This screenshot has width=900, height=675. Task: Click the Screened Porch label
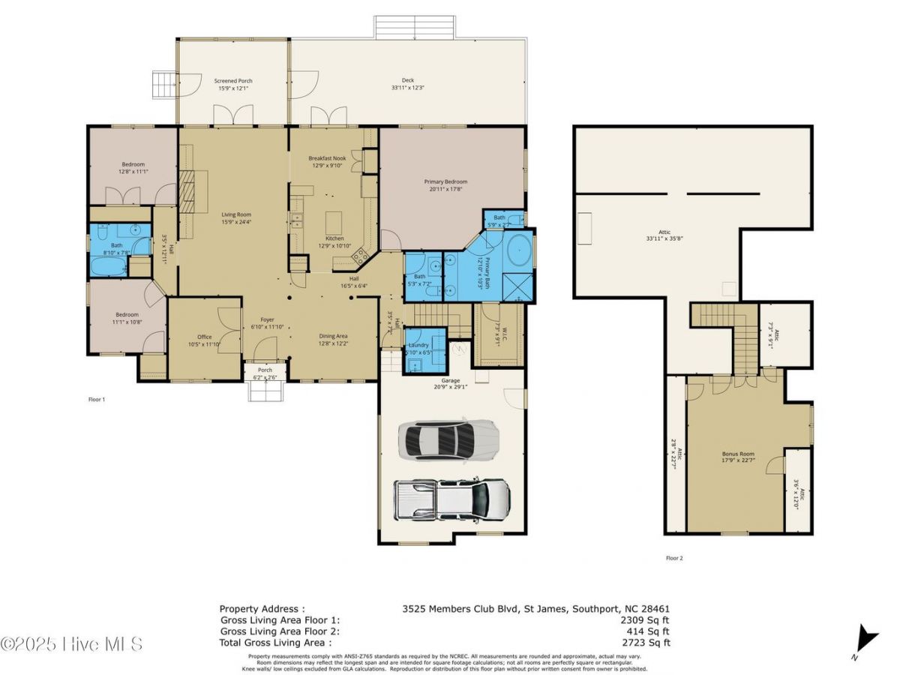click(x=233, y=85)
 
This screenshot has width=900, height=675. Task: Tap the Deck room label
click(x=408, y=84)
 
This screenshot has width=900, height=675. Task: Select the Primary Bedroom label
click(x=445, y=185)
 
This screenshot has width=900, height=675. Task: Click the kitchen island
click(x=334, y=223)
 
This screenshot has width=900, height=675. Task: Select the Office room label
click(x=204, y=340)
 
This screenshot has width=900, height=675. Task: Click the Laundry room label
click(x=418, y=348)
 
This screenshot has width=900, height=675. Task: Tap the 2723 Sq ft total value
click(x=647, y=643)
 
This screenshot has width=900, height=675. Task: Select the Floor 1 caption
click(x=97, y=400)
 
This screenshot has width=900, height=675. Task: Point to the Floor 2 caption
click(x=674, y=558)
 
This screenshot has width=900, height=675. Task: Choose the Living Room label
click(x=236, y=218)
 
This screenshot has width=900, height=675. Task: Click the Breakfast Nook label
click(x=327, y=162)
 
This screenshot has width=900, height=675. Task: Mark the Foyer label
click(x=268, y=322)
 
